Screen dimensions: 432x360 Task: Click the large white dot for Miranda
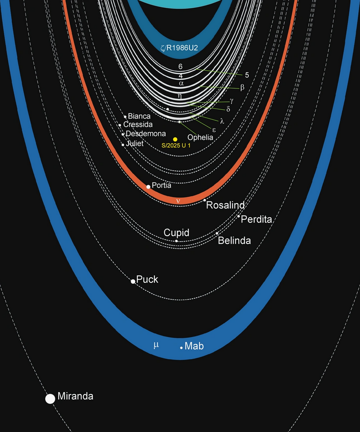pos(50,399)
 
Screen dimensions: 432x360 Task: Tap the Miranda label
pos(76,396)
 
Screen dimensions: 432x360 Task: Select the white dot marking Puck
pos(133,281)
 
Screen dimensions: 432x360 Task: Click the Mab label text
pos(194,347)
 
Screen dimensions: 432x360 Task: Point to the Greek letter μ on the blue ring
pos(156,346)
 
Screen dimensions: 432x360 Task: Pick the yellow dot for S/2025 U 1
pos(175,139)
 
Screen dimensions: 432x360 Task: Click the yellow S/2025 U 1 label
pos(175,146)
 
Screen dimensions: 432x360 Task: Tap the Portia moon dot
pos(148,187)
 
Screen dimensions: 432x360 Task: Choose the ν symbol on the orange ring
pos(179,201)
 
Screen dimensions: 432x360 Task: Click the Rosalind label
pos(225,205)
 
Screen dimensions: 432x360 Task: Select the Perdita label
pos(256,219)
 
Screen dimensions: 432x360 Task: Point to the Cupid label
pos(176,233)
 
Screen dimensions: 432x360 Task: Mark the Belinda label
pos(235,240)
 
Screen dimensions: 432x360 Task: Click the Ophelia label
pos(200,137)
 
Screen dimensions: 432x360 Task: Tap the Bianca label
pos(139,117)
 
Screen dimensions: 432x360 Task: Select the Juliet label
pos(135,144)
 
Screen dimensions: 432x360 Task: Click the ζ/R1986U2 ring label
pos(179,48)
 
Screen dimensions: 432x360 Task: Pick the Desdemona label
pos(146,134)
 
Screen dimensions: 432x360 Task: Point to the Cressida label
pos(138,124)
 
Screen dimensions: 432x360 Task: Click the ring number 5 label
pos(247,75)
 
